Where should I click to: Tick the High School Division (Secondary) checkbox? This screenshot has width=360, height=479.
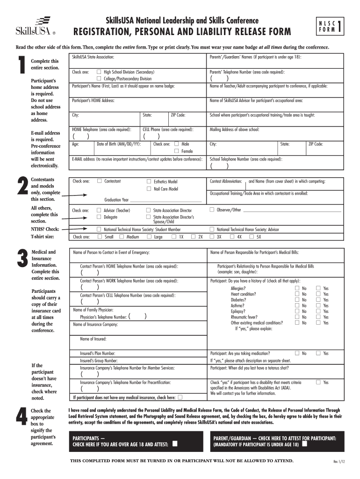99,72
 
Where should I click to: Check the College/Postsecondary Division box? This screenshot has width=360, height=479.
99,79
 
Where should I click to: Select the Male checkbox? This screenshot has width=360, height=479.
177,144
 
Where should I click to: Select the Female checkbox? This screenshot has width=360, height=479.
177,151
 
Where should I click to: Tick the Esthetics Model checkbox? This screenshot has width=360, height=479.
149,181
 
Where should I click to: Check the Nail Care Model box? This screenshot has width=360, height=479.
149,189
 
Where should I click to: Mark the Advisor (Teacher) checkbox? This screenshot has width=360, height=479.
99,210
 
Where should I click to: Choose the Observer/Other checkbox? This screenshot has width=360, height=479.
212,210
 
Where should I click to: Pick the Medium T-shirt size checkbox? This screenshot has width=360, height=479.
122,237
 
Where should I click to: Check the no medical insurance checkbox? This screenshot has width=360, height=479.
180,397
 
